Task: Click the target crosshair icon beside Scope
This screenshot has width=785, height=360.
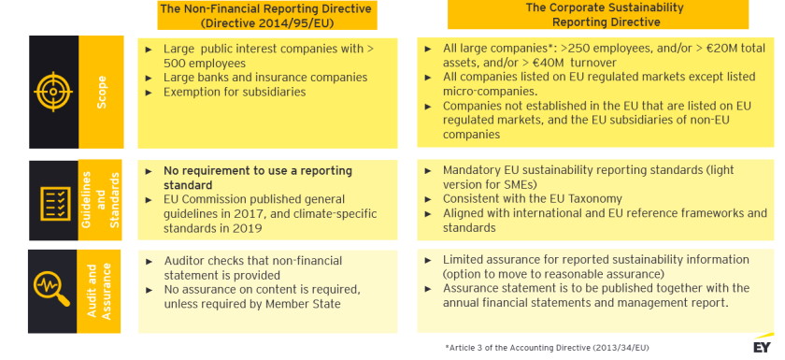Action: coord(52,92)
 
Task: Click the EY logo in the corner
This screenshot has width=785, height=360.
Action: coord(764,346)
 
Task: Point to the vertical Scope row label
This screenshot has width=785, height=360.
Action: coord(102,92)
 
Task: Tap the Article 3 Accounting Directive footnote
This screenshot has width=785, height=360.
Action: coord(547,348)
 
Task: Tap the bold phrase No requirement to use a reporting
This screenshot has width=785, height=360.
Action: coord(258,171)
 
